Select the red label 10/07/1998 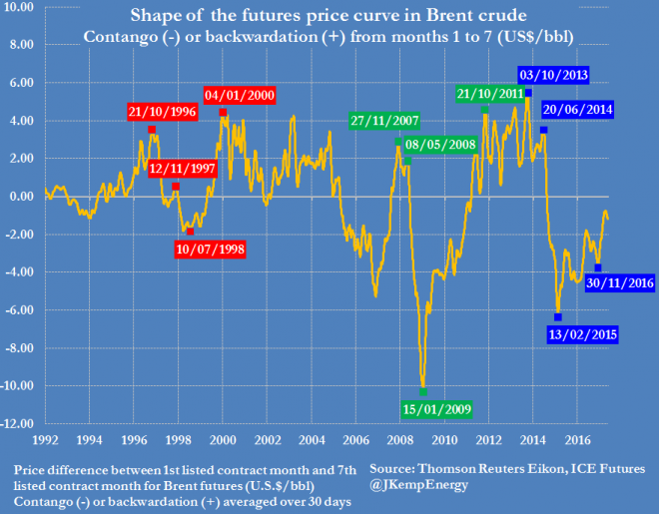pos(212,249)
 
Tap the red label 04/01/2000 pos(239,95)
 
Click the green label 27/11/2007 pos(384,121)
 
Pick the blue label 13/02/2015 pos(582,334)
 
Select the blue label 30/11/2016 pos(620,283)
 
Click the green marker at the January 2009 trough pos(423,390)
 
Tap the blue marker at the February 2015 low pos(558,316)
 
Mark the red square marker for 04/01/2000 pos(223,112)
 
